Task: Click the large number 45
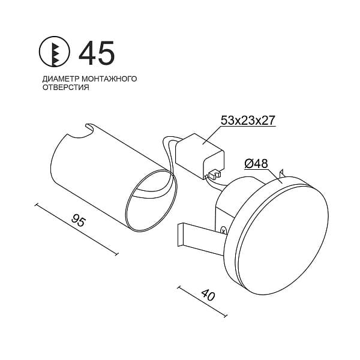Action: tap(97, 53)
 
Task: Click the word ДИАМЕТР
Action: tap(61, 79)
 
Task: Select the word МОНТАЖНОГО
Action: tap(109, 79)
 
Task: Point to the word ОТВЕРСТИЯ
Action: tap(65, 87)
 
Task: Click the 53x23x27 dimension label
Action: tap(248, 121)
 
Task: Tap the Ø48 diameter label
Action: tap(256, 164)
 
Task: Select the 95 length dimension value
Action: tap(79, 220)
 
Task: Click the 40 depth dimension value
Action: tap(208, 295)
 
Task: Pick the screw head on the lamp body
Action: tap(223, 230)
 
